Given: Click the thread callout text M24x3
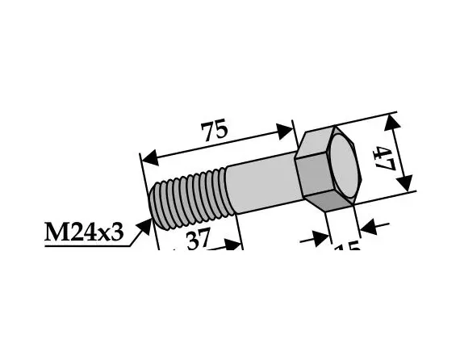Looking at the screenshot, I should (x=85, y=233).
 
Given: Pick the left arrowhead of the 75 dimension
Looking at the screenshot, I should (x=148, y=156).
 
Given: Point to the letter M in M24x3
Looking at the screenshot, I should (x=53, y=233).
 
